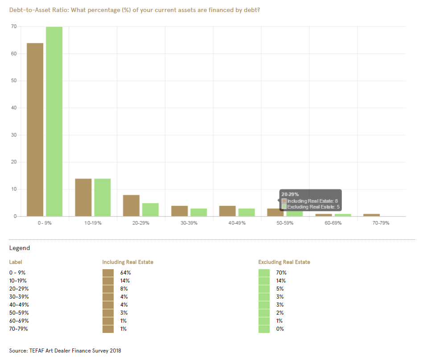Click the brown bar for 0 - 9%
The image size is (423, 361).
point(35,129)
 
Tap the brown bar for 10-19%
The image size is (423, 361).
point(83,197)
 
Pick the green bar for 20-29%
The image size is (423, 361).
point(150,209)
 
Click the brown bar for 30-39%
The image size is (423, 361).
point(179,211)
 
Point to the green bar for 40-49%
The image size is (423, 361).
point(246,212)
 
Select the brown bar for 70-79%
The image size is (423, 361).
point(371,215)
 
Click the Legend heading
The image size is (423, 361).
point(20,248)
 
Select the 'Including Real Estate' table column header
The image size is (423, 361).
point(127,262)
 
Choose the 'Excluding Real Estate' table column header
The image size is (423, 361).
point(284,262)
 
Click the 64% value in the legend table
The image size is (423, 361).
point(125,272)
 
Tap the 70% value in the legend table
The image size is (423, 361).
point(281,272)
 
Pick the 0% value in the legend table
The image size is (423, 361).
point(280,329)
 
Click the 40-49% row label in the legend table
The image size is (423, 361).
point(18,304)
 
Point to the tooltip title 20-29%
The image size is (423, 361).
point(290,194)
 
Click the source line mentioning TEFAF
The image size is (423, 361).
point(65,350)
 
